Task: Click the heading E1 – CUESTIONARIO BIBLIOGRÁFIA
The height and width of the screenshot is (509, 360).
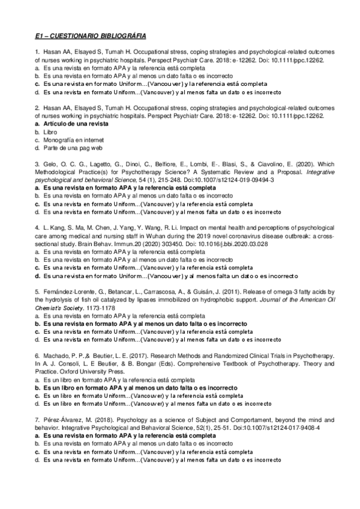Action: (91, 36)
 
